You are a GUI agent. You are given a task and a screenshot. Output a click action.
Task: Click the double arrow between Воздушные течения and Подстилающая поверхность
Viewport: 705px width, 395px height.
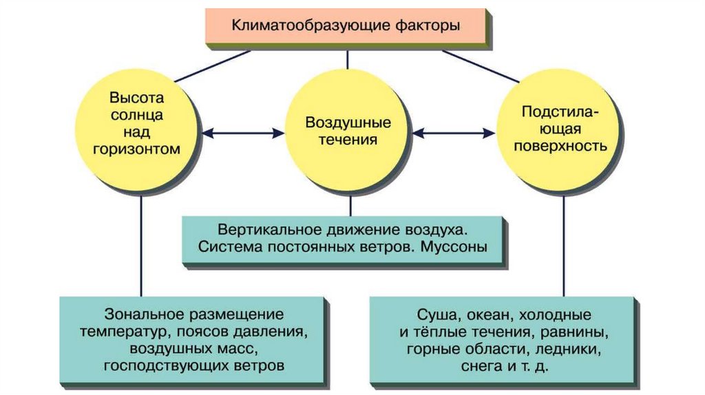pyautogui.click(x=454, y=131)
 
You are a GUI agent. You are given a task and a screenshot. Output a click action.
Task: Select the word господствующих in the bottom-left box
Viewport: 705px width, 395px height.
pyautogui.click(x=162, y=365)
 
